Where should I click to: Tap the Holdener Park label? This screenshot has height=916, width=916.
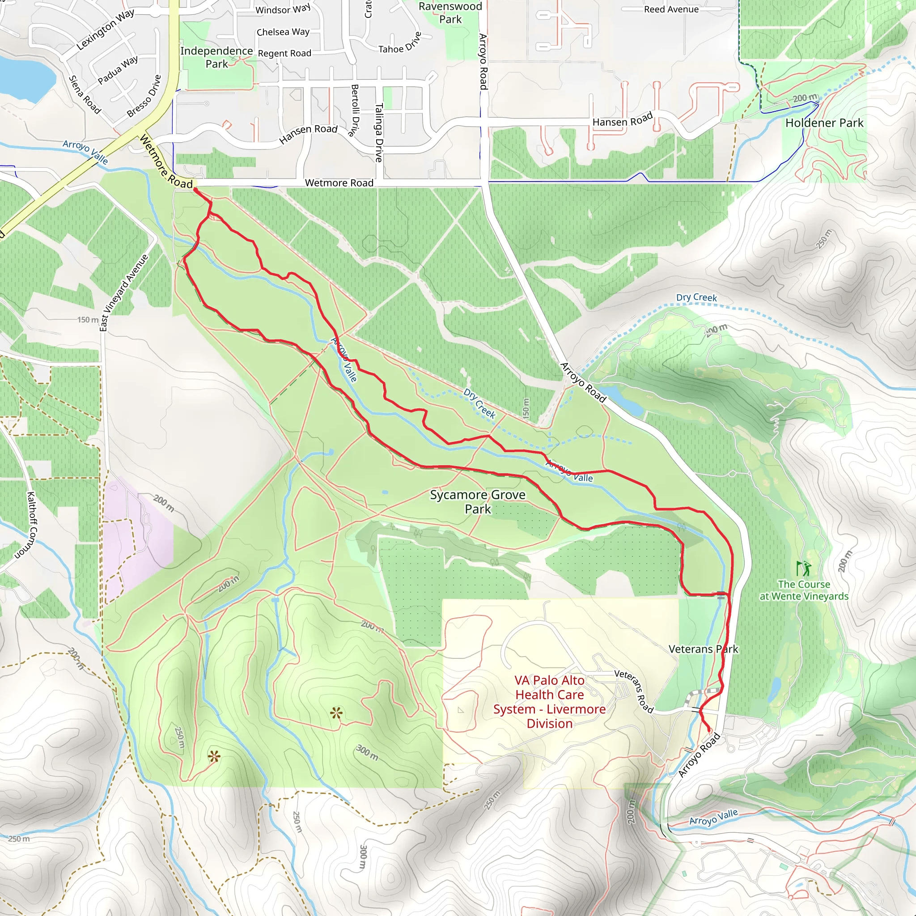(x=824, y=123)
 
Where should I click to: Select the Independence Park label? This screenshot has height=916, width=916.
(x=216, y=57)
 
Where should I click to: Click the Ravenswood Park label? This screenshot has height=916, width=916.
(x=450, y=13)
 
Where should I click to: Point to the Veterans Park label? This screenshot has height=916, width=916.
(x=703, y=649)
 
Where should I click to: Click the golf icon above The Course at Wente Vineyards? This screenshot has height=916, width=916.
(x=804, y=568)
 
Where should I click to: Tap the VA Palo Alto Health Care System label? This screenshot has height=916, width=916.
(x=549, y=702)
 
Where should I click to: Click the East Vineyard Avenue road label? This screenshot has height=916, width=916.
(x=124, y=293)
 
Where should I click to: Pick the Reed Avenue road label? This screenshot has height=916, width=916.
(x=671, y=9)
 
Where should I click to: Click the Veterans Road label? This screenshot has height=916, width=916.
(x=634, y=691)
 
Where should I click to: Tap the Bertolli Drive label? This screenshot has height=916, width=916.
(x=354, y=110)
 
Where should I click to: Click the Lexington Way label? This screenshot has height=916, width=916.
(x=105, y=30)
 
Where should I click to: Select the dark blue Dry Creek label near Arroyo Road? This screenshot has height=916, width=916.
(x=479, y=403)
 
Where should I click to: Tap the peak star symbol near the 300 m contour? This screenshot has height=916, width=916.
(x=337, y=712)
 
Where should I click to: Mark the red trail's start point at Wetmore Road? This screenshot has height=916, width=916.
(x=195, y=190)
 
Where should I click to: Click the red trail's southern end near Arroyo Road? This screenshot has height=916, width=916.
(x=709, y=732)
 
